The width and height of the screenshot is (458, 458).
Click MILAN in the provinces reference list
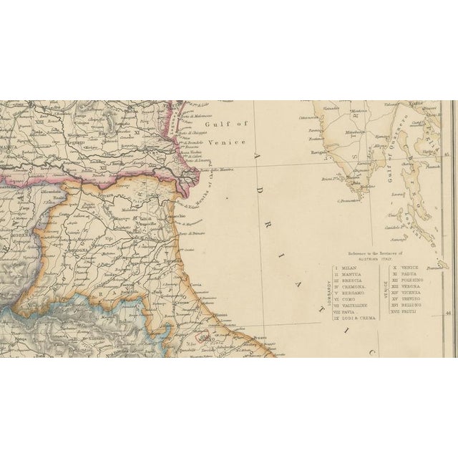point(348,268)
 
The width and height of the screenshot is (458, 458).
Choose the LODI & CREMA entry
point(354,318)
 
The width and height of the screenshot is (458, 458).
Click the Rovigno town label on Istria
point(319,152)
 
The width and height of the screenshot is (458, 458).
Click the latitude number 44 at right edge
point(449,312)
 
